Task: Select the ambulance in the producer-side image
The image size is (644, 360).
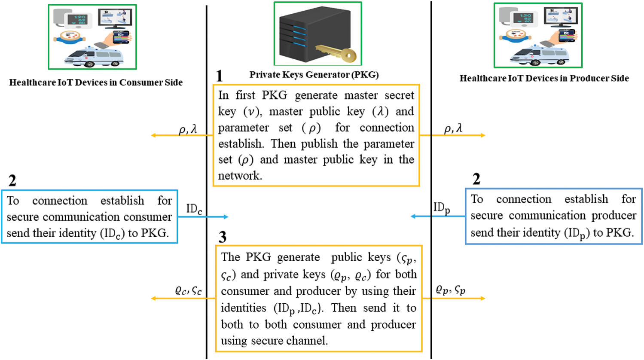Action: [539, 55]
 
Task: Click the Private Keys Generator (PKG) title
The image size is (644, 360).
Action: [314, 75]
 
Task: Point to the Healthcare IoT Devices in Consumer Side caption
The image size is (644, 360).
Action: [96, 82]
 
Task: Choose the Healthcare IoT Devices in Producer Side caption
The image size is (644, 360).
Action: [544, 78]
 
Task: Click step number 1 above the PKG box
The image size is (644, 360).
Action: [220, 76]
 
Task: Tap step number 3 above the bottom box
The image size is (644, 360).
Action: [223, 237]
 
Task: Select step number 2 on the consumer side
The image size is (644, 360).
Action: [12, 180]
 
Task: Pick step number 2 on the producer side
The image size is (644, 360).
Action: [476, 179]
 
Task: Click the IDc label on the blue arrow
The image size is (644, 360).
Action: [194, 209]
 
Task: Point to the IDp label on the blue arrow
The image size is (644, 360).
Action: [442, 207]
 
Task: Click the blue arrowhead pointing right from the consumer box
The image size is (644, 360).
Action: [226, 217]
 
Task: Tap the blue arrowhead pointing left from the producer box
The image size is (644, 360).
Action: [413, 216]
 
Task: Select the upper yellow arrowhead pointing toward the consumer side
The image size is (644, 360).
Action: [154, 135]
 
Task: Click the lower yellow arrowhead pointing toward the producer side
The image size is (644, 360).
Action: [483, 299]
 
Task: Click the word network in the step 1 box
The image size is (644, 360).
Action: [240, 175]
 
